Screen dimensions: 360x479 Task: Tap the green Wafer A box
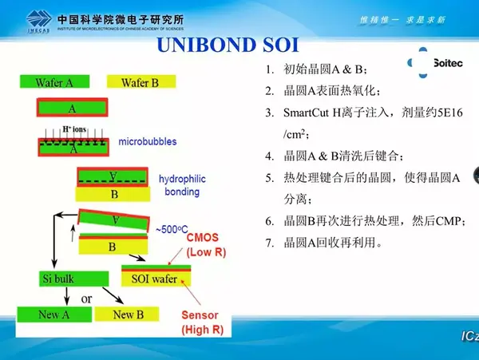coord(54,82)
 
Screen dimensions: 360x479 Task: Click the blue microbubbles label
coord(148,142)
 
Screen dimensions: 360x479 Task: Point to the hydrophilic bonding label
coord(182,186)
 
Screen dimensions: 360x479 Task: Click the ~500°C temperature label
coord(174,229)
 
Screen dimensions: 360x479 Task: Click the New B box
coord(123,315)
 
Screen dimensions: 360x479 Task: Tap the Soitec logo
coord(431,62)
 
